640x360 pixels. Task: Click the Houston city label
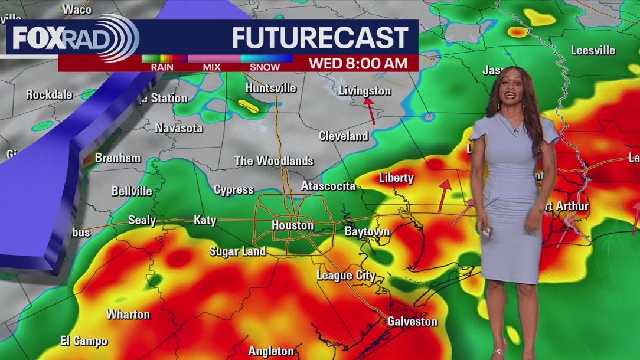[292, 225]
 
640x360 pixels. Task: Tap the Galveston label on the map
[412, 322]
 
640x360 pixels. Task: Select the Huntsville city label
[270, 88]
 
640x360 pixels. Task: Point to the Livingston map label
[365, 91]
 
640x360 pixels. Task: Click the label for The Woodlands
[273, 161]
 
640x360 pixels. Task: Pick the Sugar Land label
[237, 251]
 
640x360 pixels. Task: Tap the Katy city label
[205, 220]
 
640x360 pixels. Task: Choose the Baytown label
[367, 231]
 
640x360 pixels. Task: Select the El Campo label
[84, 341]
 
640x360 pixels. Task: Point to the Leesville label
[593, 51]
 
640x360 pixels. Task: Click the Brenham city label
[117, 158]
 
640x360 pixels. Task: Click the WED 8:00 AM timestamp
[358, 63]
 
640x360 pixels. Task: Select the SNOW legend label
[265, 67]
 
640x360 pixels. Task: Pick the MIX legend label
[211, 67]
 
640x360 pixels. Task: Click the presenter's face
[511, 91]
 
